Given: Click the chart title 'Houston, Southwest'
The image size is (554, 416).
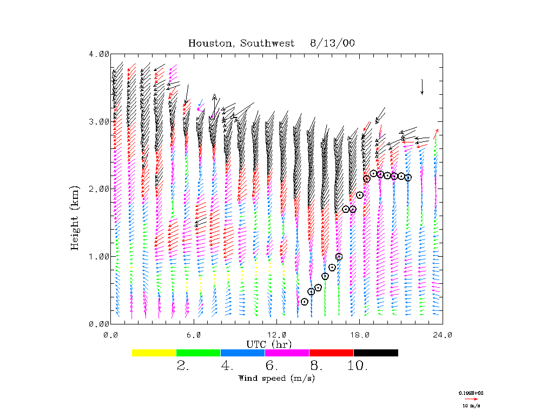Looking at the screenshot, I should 241,43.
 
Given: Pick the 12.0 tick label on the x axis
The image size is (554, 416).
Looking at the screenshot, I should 277,335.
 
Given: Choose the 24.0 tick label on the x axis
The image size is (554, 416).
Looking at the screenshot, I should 443,335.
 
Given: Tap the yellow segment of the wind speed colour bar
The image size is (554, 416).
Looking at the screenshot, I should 154,353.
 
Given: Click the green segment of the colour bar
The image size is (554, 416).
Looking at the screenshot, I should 199,353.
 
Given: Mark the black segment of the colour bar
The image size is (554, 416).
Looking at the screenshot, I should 375,353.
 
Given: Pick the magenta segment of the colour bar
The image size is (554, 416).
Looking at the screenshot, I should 287,353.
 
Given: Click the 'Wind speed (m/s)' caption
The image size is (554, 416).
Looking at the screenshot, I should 276,378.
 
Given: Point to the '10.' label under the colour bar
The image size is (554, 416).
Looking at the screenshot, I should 358,366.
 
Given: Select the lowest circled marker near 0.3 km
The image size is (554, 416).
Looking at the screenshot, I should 305,302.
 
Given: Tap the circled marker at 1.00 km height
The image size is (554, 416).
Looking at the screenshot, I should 339,257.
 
